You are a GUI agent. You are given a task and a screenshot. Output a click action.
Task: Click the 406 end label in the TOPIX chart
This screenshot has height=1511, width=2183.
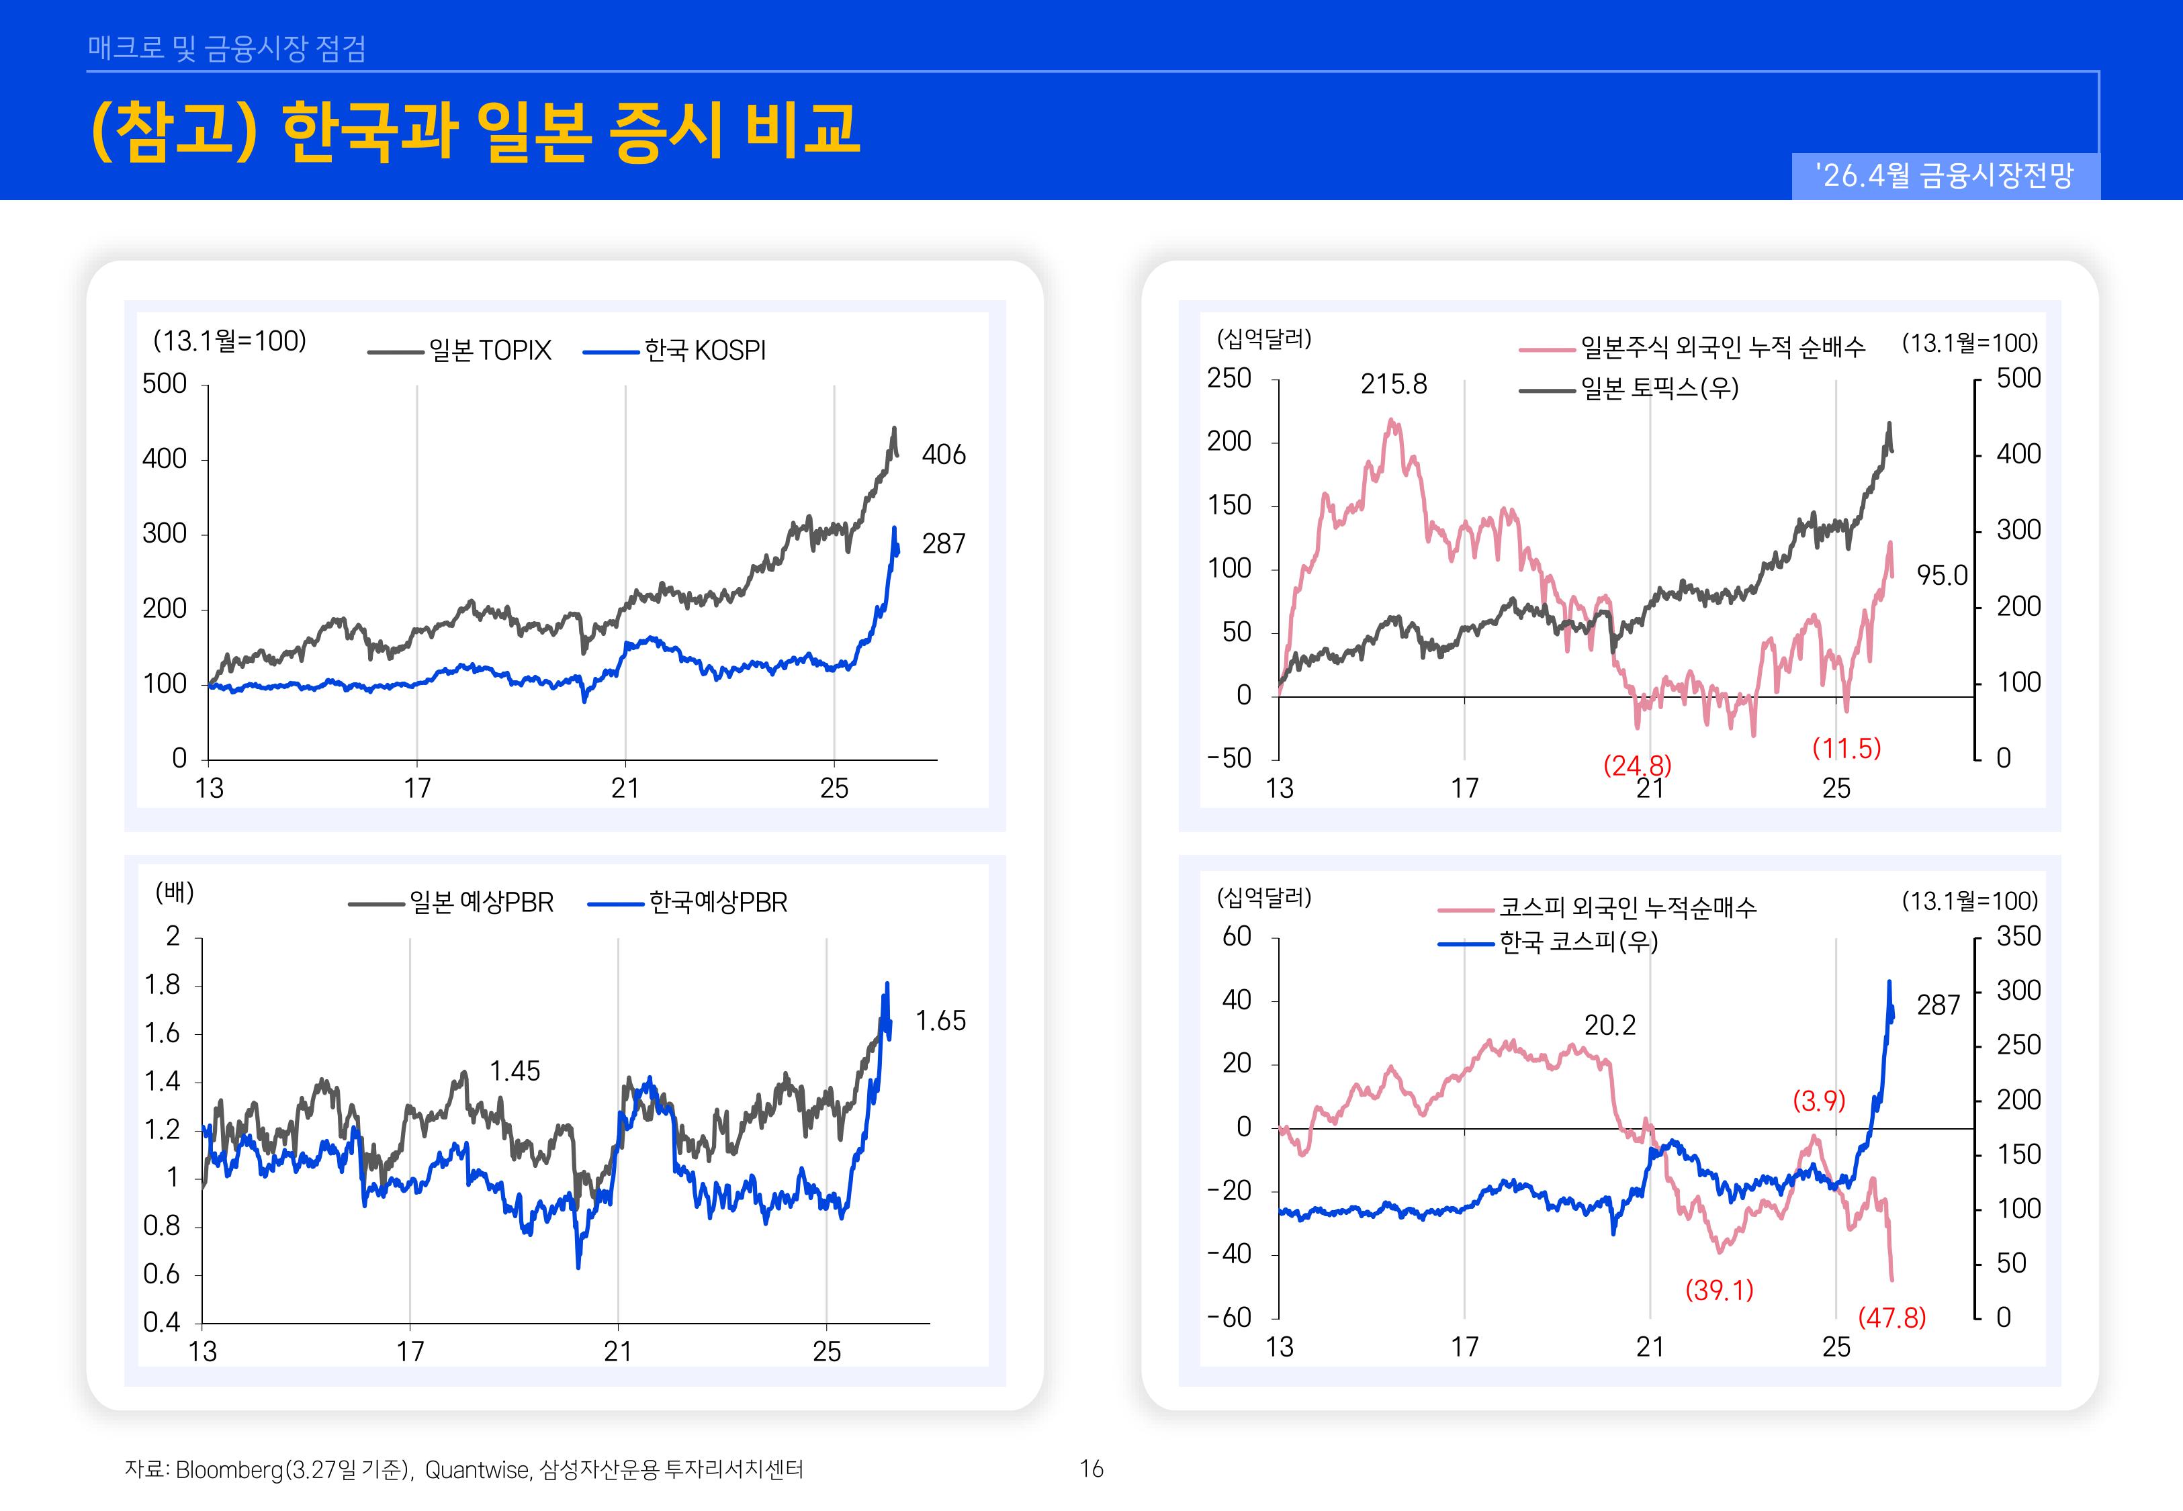(x=943, y=455)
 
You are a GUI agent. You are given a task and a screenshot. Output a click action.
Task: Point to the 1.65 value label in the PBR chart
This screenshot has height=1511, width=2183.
(x=940, y=1021)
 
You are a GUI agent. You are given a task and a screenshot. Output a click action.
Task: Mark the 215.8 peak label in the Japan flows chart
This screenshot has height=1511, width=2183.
(x=1392, y=383)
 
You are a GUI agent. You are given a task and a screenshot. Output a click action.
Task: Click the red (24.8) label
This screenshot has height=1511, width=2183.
(x=1637, y=764)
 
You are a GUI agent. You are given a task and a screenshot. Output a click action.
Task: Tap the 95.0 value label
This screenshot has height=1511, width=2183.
(x=1942, y=575)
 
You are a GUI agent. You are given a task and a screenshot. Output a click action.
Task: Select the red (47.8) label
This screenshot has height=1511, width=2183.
(x=1891, y=1317)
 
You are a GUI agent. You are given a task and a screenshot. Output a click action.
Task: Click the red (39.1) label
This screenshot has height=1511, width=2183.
(x=1718, y=1289)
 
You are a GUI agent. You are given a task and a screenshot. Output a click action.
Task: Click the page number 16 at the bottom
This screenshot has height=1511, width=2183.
(x=1091, y=1469)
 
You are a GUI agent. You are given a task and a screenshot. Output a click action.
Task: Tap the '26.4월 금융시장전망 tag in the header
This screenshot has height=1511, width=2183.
(x=1945, y=175)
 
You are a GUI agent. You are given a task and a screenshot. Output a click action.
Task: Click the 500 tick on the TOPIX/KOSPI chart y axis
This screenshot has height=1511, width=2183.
(x=165, y=383)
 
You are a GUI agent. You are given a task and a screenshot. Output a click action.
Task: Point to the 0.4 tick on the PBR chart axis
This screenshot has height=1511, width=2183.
(x=161, y=1322)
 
